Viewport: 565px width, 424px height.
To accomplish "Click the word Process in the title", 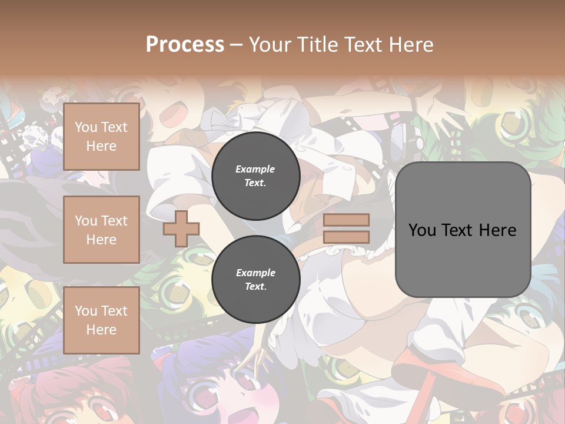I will pyautogui.click(x=185, y=45).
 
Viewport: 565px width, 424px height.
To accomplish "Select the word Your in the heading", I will pyautogui.click(x=271, y=45).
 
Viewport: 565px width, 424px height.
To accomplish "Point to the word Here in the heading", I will pyautogui.click(x=410, y=45).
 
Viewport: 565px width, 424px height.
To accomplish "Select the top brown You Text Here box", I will pyautogui.click(x=101, y=137).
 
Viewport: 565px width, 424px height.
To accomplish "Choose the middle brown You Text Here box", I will pyautogui.click(x=101, y=230).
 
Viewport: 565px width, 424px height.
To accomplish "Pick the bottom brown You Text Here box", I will pyautogui.click(x=101, y=320).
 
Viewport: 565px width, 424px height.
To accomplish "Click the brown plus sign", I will pyautogui.click(x=181, y=228).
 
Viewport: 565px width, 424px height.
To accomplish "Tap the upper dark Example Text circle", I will pyautogui.click(x=256, y=176).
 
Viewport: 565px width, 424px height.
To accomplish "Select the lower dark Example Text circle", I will pyautogui.click(x=256, y=280).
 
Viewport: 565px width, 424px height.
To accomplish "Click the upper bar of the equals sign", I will pyautogui.click(x=346, y=220).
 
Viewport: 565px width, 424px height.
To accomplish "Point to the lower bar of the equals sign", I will pyautogui.click(x=346, y=237).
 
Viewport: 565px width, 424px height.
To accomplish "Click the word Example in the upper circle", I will pyautogui.click(x=255, y=169).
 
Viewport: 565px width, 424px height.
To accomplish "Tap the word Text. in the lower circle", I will pyautogui.click(x=255, y=287).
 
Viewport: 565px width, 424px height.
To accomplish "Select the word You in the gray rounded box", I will pyautogui.click(x=422, y=230).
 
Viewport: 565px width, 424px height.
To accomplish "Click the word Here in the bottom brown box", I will pyautogui.click(x=101, y=330).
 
